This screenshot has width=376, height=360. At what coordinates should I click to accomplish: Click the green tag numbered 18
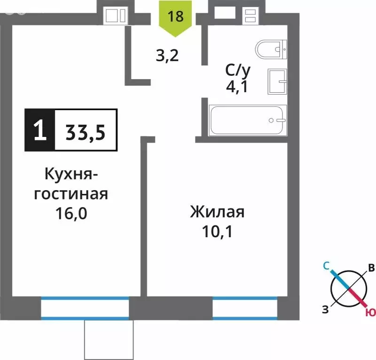pyautogui.click(x=175, y=17)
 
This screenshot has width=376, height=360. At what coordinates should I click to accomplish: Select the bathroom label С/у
pyautogui.click(x=238, y=71)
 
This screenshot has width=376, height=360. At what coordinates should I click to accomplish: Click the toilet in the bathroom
pyautogui.click(x=272, y=49)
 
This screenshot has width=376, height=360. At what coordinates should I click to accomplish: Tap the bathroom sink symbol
pyautogui.click(x=277, y=81)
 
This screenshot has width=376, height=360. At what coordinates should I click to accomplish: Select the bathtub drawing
pyautogui.click(x=247, y=120)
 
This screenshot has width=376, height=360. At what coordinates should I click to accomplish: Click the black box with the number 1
pyautogui.click(x=40, y=130)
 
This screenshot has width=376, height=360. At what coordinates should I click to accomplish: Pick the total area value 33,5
pyautogui.click(x=86, y=130)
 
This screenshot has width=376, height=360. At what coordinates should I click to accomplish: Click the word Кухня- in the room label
pyautogui.click(x=70, y=175)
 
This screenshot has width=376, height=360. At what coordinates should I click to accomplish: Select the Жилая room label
pyautogui.click(x=217, y=212)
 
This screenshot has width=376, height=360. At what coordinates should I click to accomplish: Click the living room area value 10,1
pyautogui.click(x=217, y=232)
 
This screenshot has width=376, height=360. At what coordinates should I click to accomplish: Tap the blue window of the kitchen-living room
pyautogui.click(x=85, y=308)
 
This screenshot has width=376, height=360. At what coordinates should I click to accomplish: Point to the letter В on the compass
pyautogui.click(x=371, y=269)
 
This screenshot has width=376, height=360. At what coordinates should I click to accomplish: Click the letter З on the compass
pyautogui.click(x=325, y=309)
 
